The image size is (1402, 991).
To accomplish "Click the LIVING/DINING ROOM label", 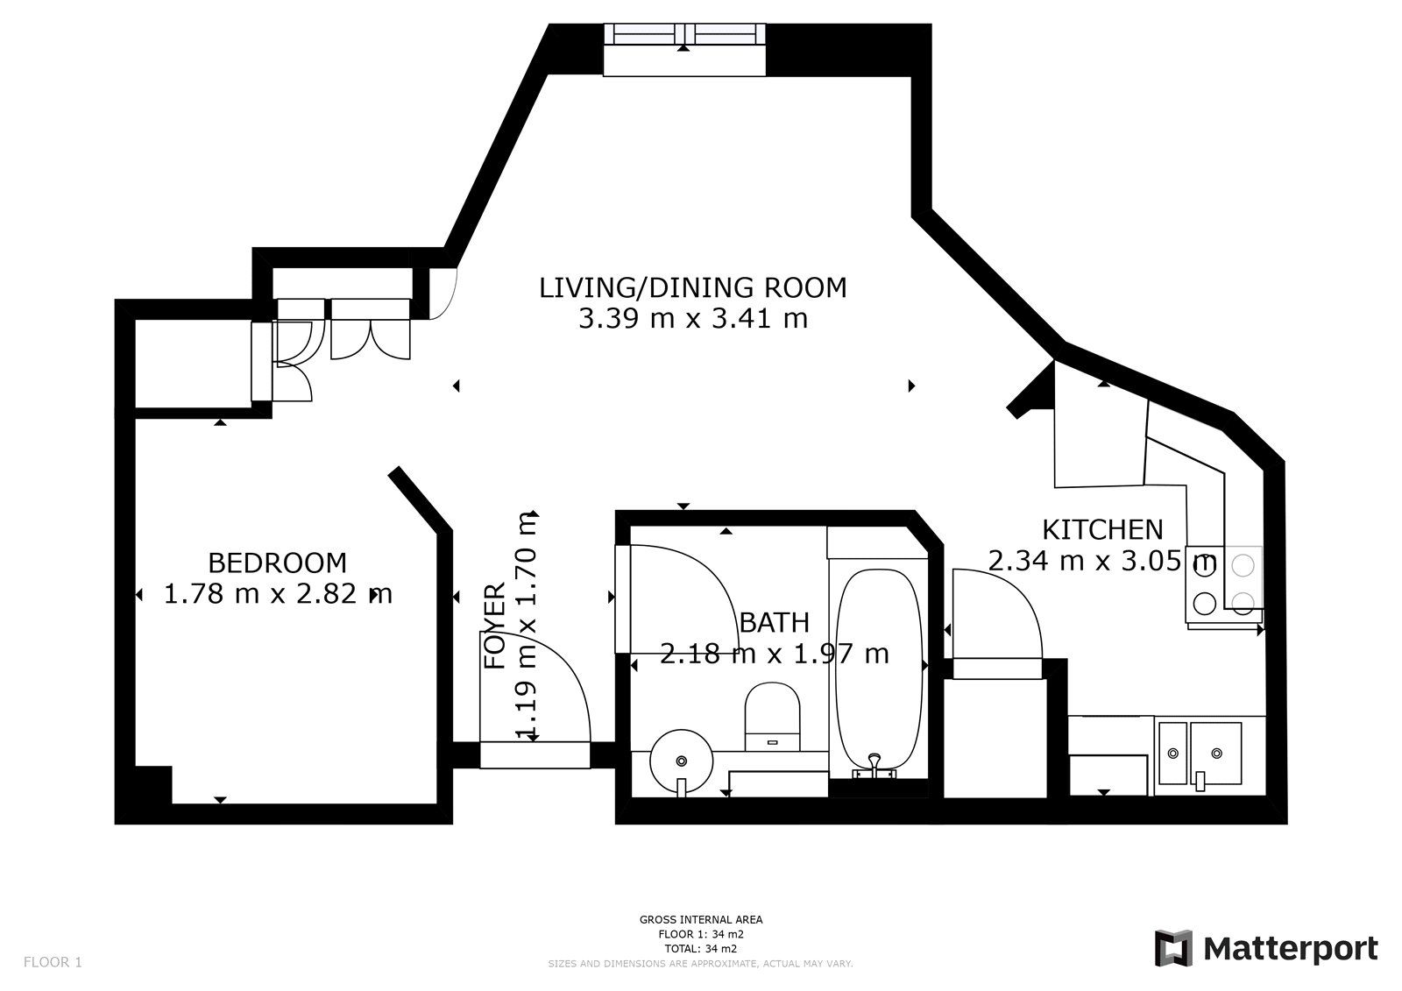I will point(692,287).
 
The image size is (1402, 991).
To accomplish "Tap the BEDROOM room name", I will point(277,563).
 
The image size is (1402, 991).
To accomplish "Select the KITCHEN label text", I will point(1101,529).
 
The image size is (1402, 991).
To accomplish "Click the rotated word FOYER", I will point(495,626).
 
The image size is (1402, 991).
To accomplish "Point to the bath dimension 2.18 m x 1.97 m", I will point(774,654).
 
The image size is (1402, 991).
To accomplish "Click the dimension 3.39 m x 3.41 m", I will point(692,319).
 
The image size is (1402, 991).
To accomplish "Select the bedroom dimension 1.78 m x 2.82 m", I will point(277,594).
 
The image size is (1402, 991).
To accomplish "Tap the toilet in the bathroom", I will point(773,715).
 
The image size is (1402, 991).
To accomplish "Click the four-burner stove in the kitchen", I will point(1224,584).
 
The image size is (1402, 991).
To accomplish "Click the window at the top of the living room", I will point(685,35).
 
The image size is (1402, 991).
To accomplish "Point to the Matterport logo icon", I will point(1172,948).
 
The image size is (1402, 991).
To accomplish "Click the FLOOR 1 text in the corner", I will point(53,962).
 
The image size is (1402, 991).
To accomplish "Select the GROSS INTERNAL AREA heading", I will point(700,919).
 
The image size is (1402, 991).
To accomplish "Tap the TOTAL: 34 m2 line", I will point(700,948).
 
